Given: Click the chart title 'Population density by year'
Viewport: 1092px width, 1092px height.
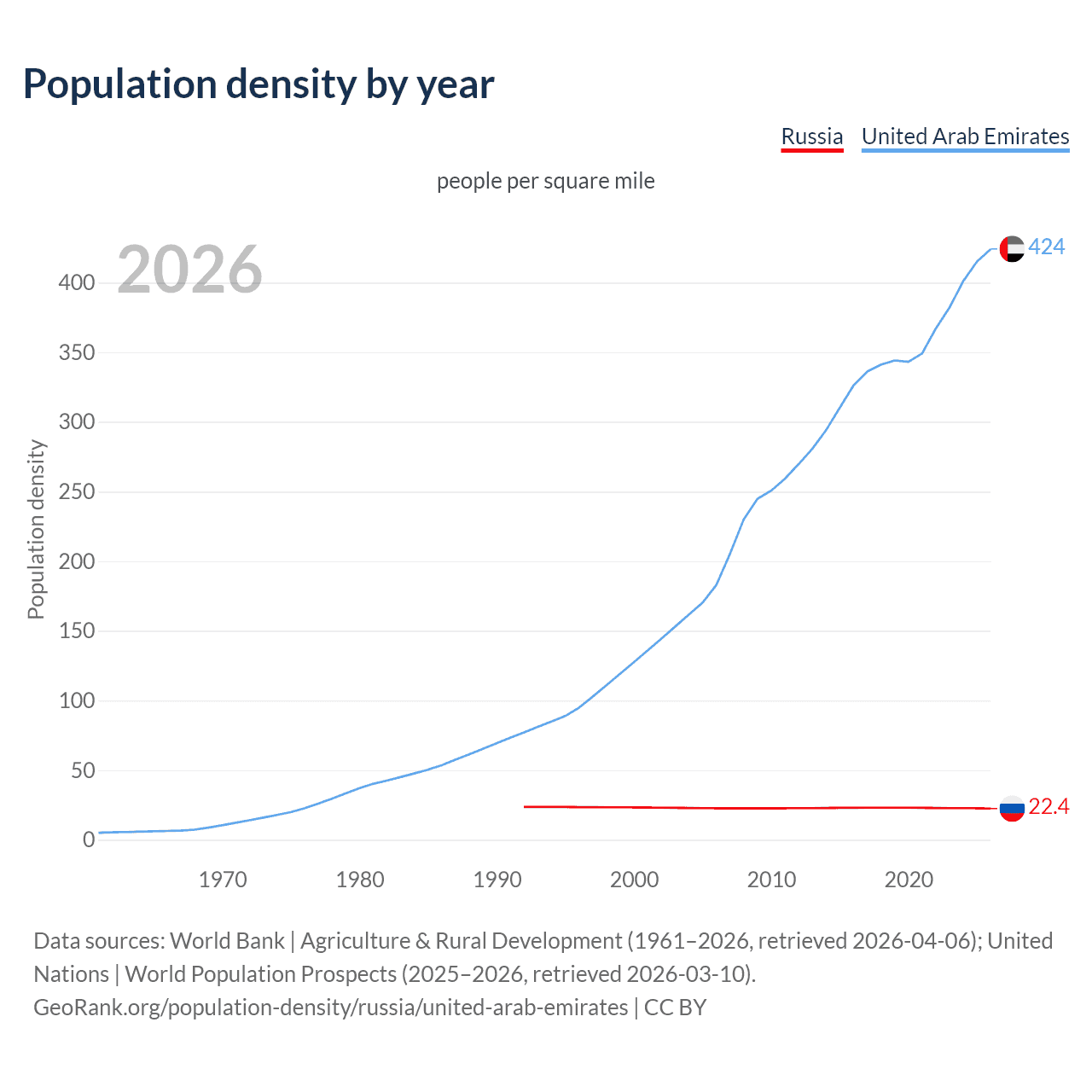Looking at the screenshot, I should tap(258, 84).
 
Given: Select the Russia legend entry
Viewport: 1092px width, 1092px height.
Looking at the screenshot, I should tap(811, 136).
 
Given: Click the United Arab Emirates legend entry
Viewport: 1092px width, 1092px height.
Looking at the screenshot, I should tap(965, 136).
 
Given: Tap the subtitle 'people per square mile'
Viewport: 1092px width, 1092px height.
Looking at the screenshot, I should tap(545, 181).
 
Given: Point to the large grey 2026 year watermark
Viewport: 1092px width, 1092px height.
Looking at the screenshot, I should tap(189, 270).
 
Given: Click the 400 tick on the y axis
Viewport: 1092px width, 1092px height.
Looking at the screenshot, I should tap(77, 282).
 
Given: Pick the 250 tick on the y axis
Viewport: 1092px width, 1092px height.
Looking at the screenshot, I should tap(77, 491).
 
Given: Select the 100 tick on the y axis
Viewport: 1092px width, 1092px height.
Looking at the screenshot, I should tap(77, 700).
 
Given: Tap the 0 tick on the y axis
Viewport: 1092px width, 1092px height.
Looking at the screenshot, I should tap(89, 839).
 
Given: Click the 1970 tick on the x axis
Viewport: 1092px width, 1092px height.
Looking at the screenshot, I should tap(223, 880).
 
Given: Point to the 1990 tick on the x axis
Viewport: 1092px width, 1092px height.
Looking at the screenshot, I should tap(497, 880).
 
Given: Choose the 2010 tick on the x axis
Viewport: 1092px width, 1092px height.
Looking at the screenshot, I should tap(771, 880).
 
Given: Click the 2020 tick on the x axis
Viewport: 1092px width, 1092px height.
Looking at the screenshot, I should tap(909, 880).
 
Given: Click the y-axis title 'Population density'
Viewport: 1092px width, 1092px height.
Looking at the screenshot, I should tap(36, 529).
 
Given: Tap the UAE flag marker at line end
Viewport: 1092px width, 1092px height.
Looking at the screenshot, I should tap(1012, 248).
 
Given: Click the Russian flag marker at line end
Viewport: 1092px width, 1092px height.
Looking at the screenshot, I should tap(1012, 808).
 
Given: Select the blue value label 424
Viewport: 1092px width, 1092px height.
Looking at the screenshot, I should tap(1047, 247).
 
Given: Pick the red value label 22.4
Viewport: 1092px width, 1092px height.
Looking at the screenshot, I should tap(1048, 807).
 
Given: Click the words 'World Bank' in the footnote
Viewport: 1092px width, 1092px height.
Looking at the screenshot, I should tap(227, 940).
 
